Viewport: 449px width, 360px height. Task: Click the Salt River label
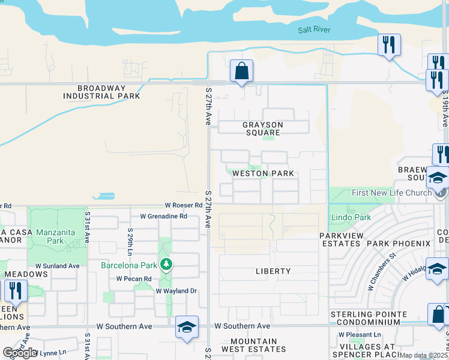click(x=315, y=30)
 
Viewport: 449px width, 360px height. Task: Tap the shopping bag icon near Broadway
click(x=241, y=71)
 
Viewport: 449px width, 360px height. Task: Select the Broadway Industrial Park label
click(x=101, y=92)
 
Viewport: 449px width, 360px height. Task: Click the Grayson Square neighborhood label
click(x=262, y=128)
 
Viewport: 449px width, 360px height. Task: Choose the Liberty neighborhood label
click(x=273, y=271)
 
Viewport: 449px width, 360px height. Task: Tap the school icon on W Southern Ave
click(x=187, y=327)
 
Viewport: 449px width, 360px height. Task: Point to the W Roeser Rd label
click(x=185, y=206)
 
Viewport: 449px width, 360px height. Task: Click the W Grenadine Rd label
click(x=163, y=216)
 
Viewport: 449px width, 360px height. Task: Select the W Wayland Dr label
click(x=176, y=291)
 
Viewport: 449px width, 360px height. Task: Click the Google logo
click(x=20, y=353)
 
